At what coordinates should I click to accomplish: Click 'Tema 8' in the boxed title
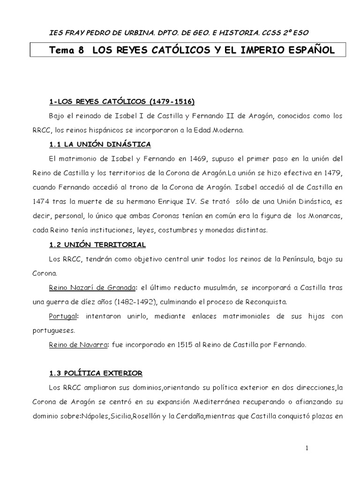pos(67,51)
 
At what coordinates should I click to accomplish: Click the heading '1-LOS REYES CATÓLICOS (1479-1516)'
pos(122,102)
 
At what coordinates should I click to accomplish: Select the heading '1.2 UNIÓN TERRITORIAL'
pos(97,245)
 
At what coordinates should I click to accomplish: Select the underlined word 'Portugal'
pos(63,316)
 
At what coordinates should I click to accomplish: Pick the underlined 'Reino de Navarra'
pos(77,345)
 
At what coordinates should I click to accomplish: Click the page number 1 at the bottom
pos(307,448)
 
